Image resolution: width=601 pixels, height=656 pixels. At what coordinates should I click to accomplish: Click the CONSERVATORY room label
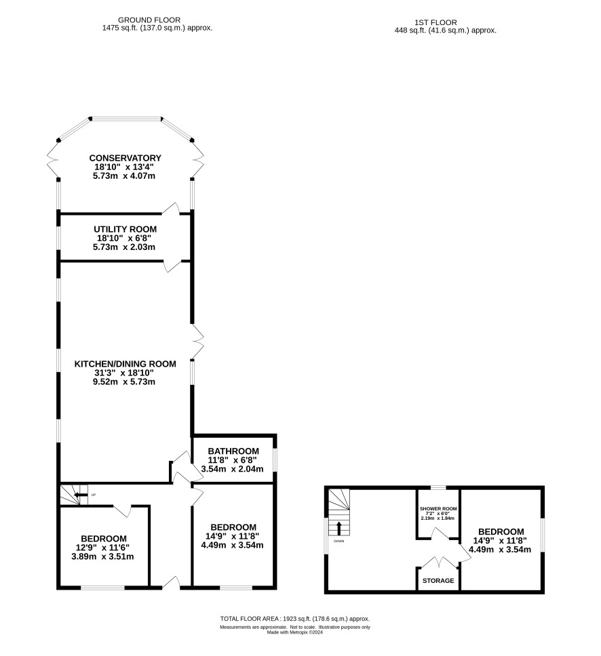pyautogui.click(x=125, y=158)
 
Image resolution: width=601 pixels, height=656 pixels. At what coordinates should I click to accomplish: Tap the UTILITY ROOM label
pyautogui.click(x=125, y=229)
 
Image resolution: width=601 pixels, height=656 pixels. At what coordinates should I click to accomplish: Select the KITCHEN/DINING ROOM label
pyautogui.click(x=125, y=364)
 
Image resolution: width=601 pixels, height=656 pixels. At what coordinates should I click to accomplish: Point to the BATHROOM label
pyautogui.click(x=233, y=451)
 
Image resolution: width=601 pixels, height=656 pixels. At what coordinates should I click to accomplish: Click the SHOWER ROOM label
pyautogui.click(x=438, y=509)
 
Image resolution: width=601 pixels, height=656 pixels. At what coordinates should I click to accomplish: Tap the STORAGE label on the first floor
pyautogui.click(x=438, y=581)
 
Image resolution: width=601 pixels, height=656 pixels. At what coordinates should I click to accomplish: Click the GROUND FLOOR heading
pyautogui.click(x=149, y=20)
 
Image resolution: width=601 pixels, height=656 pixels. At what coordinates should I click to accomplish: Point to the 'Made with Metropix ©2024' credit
pyautogui.click(x=295, y=632)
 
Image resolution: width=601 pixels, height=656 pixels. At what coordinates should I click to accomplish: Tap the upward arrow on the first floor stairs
pyautogui.click(x=338, y=529)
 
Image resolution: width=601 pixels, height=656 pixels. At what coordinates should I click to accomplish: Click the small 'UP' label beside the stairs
pyautogui.click(x=94, y=495)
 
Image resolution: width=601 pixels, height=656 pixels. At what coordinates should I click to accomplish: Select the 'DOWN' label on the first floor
pyautogui.click(x=338, y=541)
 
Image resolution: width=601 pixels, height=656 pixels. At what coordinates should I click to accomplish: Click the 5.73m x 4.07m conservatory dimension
pyautogui.click(x=124, y=176)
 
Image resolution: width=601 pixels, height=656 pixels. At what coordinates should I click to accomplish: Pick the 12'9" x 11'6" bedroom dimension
pyautogui.click(x=103, y=548)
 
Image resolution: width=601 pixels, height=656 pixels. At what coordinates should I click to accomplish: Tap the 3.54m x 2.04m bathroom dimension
pyautogui.click(x=233, y=469)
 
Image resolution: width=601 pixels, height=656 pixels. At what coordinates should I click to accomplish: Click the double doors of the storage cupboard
pyautogui.click(x=438, y=562)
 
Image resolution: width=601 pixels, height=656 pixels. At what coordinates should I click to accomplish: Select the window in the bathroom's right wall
pyautogui.click(x=275, y=460)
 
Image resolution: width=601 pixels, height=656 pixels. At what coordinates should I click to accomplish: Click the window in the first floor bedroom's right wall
pyautogui.click(x=543, y=536)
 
